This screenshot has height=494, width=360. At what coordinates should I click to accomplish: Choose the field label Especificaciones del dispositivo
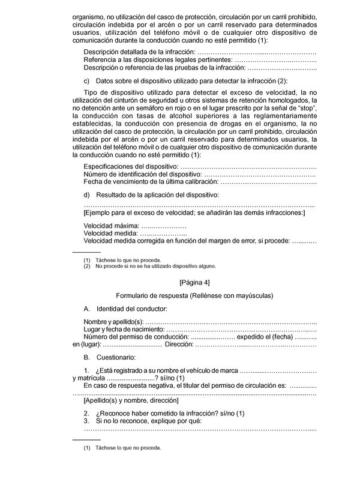pyautogui.click(x=131, y=165)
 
